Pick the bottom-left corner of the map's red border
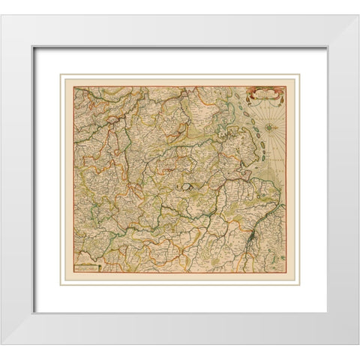coord(73,273)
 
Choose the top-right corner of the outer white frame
coord(358,16)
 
